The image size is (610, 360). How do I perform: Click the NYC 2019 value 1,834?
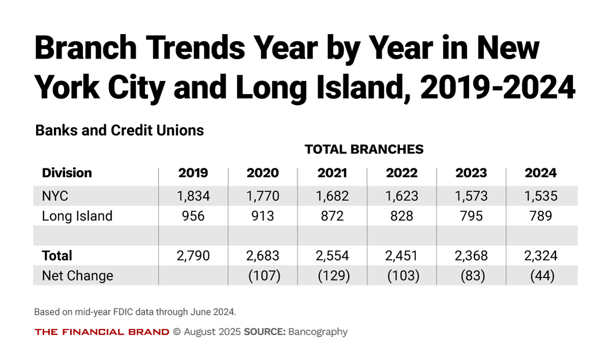[193, 196]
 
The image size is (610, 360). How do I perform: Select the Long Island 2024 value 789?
[540, 216]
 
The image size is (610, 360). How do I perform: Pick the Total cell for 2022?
[402, 255]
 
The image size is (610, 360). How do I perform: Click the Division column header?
[67, 173]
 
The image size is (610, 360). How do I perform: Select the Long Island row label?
[77, 216]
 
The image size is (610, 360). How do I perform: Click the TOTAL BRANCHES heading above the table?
[364, 149]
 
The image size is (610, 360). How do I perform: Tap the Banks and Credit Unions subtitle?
[119, 131]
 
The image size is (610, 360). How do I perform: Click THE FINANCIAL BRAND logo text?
[102, 332]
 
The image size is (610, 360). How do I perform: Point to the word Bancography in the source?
[318, 332]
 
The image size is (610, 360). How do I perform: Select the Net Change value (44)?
[540, 276]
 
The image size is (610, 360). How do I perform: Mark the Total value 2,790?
[193, 255]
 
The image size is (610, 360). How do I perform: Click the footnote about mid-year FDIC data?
[135, 312]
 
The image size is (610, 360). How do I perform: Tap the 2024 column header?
[540, 173]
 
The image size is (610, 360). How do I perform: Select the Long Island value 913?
[263, 216]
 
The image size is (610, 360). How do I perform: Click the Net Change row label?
[77, 276]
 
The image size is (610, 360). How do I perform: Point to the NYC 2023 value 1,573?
[471, 196]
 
